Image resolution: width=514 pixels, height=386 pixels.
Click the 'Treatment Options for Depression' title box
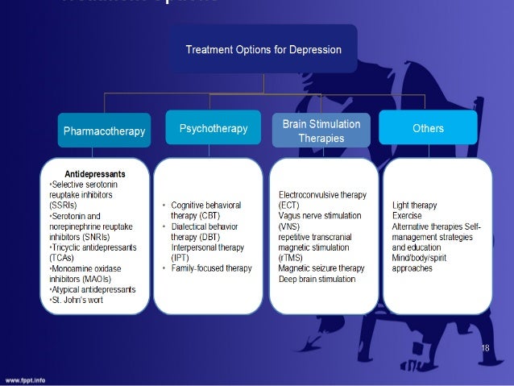click(263, 49)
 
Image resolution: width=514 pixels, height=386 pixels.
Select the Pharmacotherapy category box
click(104, 130)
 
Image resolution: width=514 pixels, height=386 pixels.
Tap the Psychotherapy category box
click(212, 128)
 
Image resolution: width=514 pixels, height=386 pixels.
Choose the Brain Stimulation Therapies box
click(321, 131)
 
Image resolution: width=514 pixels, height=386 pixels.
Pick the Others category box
click(428, 128)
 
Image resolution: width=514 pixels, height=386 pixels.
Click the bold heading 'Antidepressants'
click(94, 173)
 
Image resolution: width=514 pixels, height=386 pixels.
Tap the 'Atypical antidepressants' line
click(93, 289)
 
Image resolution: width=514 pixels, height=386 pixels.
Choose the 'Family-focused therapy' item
click(211, 268)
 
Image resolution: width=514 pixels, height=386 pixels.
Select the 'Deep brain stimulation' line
click(317, 279)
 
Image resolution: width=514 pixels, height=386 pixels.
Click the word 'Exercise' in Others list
click(407, 216)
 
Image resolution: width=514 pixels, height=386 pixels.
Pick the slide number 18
click(485, 347)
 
